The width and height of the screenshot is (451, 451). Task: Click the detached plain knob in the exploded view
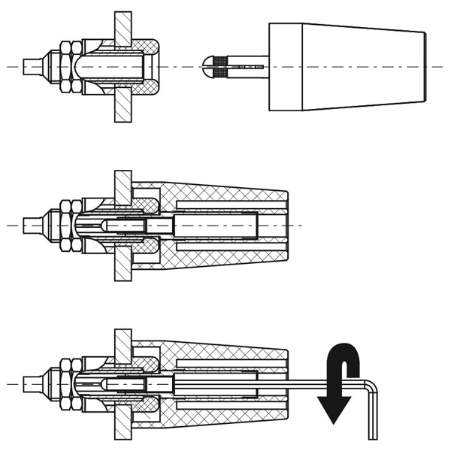click(346, 67)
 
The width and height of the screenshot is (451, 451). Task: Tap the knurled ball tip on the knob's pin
click(212, 67)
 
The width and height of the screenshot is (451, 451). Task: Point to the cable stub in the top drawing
click(31, 67)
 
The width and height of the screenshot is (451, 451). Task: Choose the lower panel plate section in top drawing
click(123, 104)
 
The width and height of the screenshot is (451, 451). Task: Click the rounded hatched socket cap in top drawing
click(150, 67)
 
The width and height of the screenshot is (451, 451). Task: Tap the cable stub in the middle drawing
click(31, 225)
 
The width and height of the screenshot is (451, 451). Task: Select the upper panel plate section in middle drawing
click(123, 186)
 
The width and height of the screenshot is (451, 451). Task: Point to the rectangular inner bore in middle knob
click(218, 225)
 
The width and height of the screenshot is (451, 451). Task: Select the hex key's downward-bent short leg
click(372, 417)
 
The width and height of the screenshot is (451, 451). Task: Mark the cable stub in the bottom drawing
click(31, 384)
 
